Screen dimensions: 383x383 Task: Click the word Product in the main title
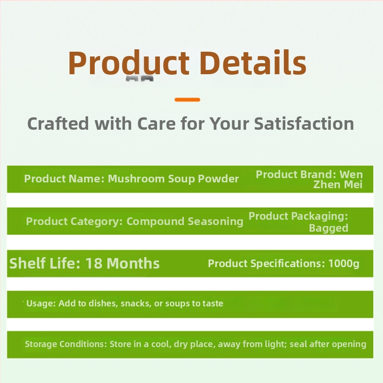129,63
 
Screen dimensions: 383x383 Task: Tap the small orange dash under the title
187,100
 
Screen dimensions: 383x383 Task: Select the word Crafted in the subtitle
58,124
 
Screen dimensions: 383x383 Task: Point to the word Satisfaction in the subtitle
304,124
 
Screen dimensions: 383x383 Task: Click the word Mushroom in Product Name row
136,179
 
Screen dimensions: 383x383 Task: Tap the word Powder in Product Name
218,179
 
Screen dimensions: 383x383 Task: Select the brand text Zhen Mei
338,185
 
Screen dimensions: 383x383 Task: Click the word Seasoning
215,222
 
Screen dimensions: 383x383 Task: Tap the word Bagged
328,228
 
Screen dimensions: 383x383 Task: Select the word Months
133,263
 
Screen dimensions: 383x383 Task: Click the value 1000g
344,264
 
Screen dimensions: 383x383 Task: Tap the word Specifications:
288,264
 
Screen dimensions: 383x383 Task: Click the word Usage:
41,304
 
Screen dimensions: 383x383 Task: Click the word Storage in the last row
41,344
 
